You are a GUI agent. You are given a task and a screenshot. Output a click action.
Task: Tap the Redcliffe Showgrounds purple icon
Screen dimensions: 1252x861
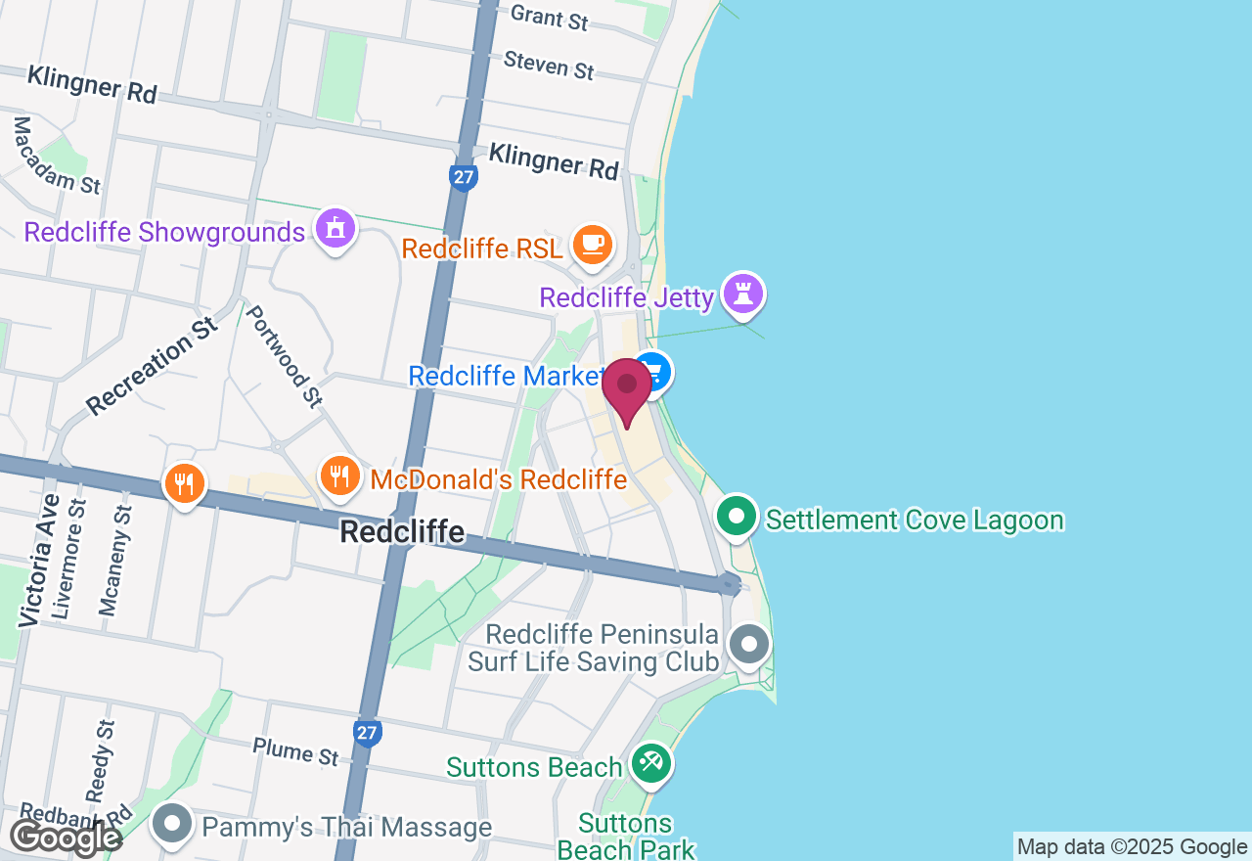(335, 229)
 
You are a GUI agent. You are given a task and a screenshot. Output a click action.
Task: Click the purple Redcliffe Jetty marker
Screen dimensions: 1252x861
(743, 293)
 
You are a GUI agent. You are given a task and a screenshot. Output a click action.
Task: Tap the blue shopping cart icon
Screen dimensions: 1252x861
(652, 372)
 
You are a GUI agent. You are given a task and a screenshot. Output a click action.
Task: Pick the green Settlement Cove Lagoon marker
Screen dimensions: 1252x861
(738, 516)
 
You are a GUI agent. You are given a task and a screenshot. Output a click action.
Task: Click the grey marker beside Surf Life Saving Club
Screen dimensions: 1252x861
(750, 645)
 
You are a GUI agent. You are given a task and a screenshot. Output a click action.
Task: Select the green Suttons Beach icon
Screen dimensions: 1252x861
(649, 762)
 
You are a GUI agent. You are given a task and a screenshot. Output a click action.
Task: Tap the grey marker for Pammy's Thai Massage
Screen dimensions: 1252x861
(173, 824)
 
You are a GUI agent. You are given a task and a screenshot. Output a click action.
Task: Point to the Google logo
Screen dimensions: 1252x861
(65, 838)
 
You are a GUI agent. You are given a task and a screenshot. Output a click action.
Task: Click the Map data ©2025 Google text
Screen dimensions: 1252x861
(1132, 847)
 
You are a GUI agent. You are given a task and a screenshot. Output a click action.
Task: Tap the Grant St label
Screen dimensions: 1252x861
(550, 17)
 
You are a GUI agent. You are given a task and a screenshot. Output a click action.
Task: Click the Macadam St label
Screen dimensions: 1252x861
(56, 155)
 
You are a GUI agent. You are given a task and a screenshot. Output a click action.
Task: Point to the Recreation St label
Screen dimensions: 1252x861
(151, 364)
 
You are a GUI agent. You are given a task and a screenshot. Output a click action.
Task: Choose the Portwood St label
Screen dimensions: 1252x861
(284, 355)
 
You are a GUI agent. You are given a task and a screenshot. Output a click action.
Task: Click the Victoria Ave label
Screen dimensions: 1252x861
(38, 559)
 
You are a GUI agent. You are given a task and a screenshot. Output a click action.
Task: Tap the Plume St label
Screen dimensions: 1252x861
(295, 751)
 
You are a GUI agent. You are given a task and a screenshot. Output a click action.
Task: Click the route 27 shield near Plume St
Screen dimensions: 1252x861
(368, 732)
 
